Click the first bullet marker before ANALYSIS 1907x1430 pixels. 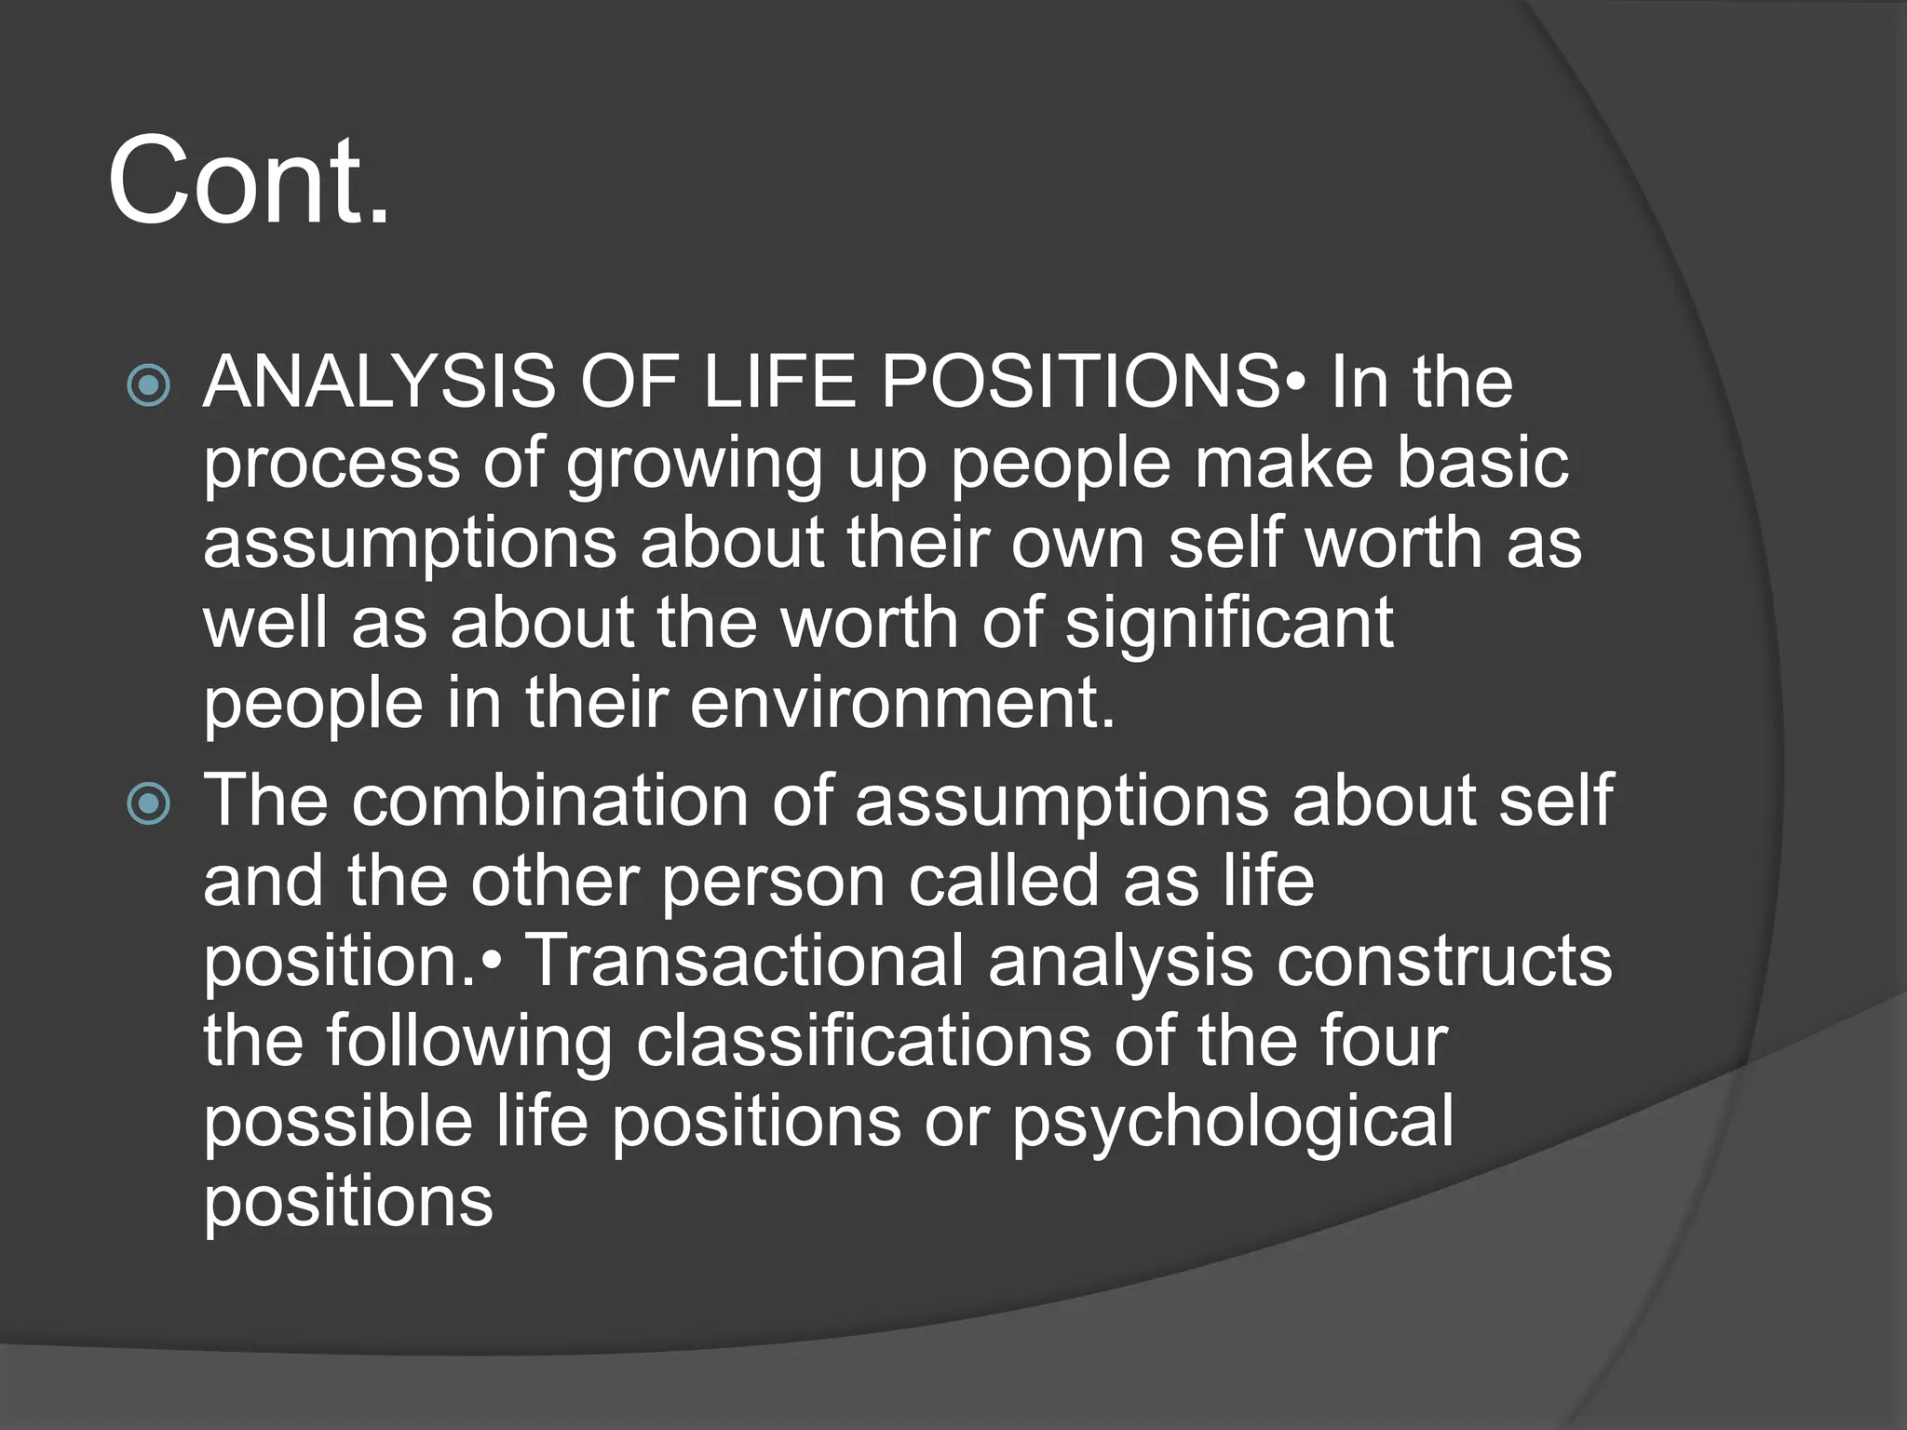(149, 385)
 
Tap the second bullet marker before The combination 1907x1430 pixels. (149, 803)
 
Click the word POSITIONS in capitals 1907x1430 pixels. (1080, 383)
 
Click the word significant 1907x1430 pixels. (1228, 623)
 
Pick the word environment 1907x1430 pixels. (901, 703)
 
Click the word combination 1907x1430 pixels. (549, 801)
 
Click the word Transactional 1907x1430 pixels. (746, 961)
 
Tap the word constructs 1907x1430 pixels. (1443, 961)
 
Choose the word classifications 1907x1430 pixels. (863, 1041)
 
